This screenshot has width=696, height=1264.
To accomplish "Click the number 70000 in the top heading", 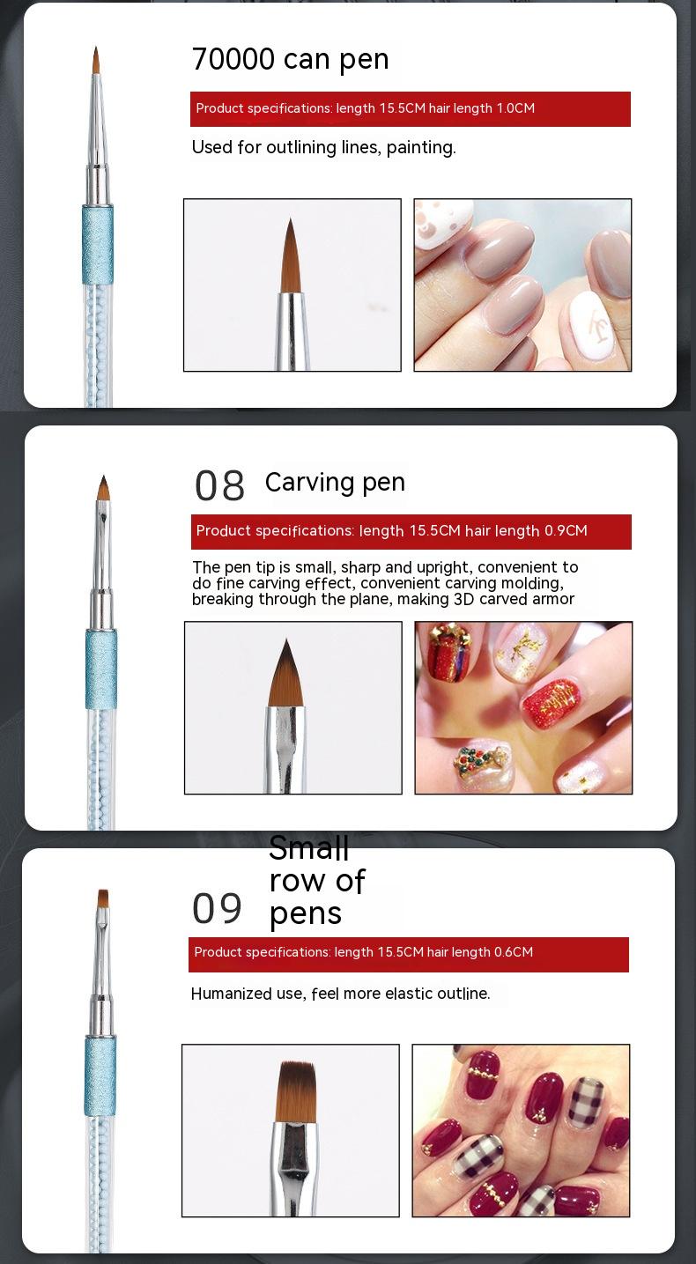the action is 233,59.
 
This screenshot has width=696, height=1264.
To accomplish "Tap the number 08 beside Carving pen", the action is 219,485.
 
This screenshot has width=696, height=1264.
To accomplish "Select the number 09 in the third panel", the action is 217,908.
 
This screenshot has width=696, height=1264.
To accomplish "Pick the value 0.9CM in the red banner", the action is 566,530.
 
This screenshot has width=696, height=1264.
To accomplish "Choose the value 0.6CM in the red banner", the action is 514,952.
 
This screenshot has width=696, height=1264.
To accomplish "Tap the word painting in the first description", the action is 421,148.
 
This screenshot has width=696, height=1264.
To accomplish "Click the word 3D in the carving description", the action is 463,599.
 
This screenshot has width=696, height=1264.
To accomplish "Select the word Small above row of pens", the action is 308,848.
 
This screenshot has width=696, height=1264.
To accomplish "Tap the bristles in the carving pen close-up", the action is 286,674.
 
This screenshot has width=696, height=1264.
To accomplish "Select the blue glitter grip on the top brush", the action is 98,245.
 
